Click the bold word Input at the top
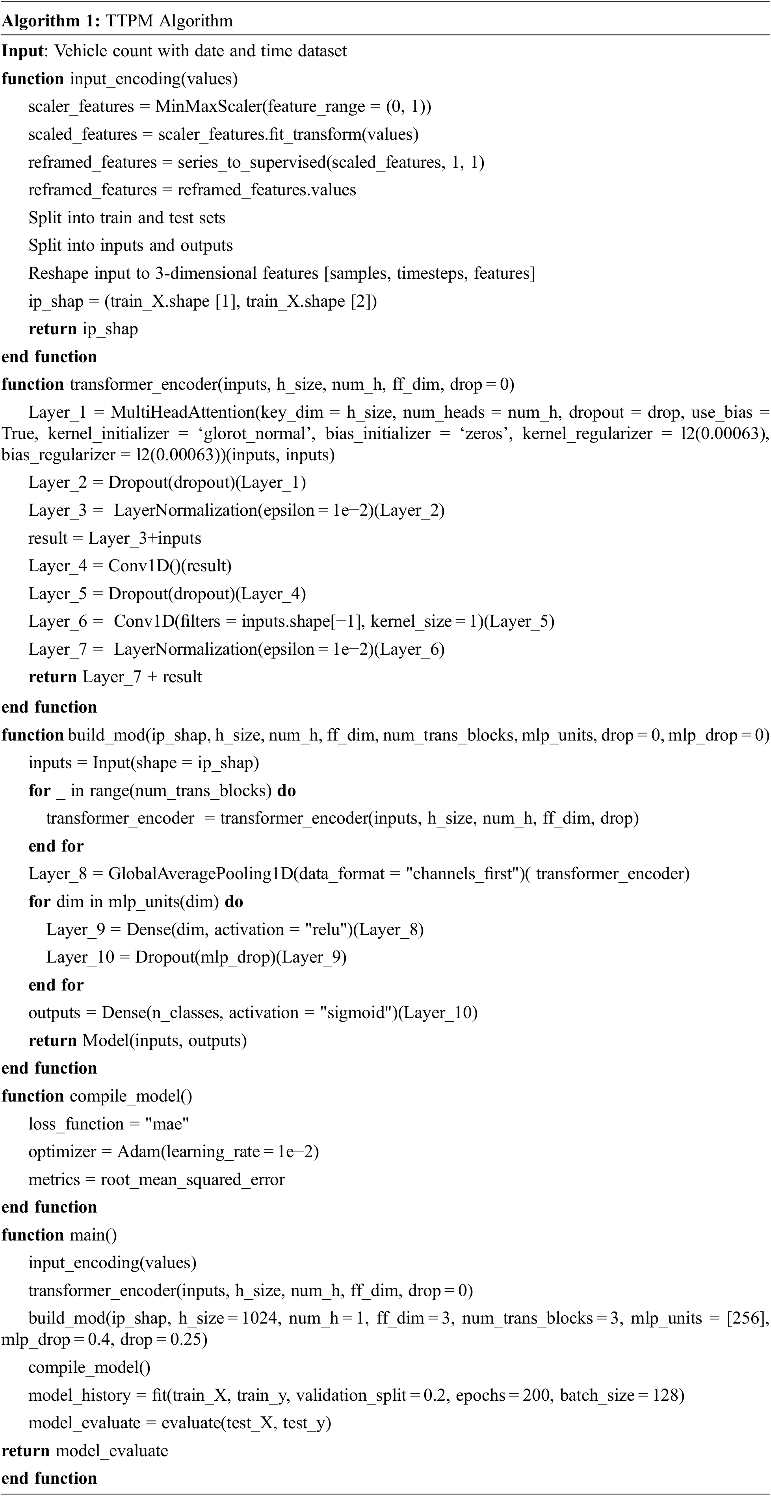(x=22, y=51)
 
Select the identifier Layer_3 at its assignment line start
(x=57, y=511)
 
